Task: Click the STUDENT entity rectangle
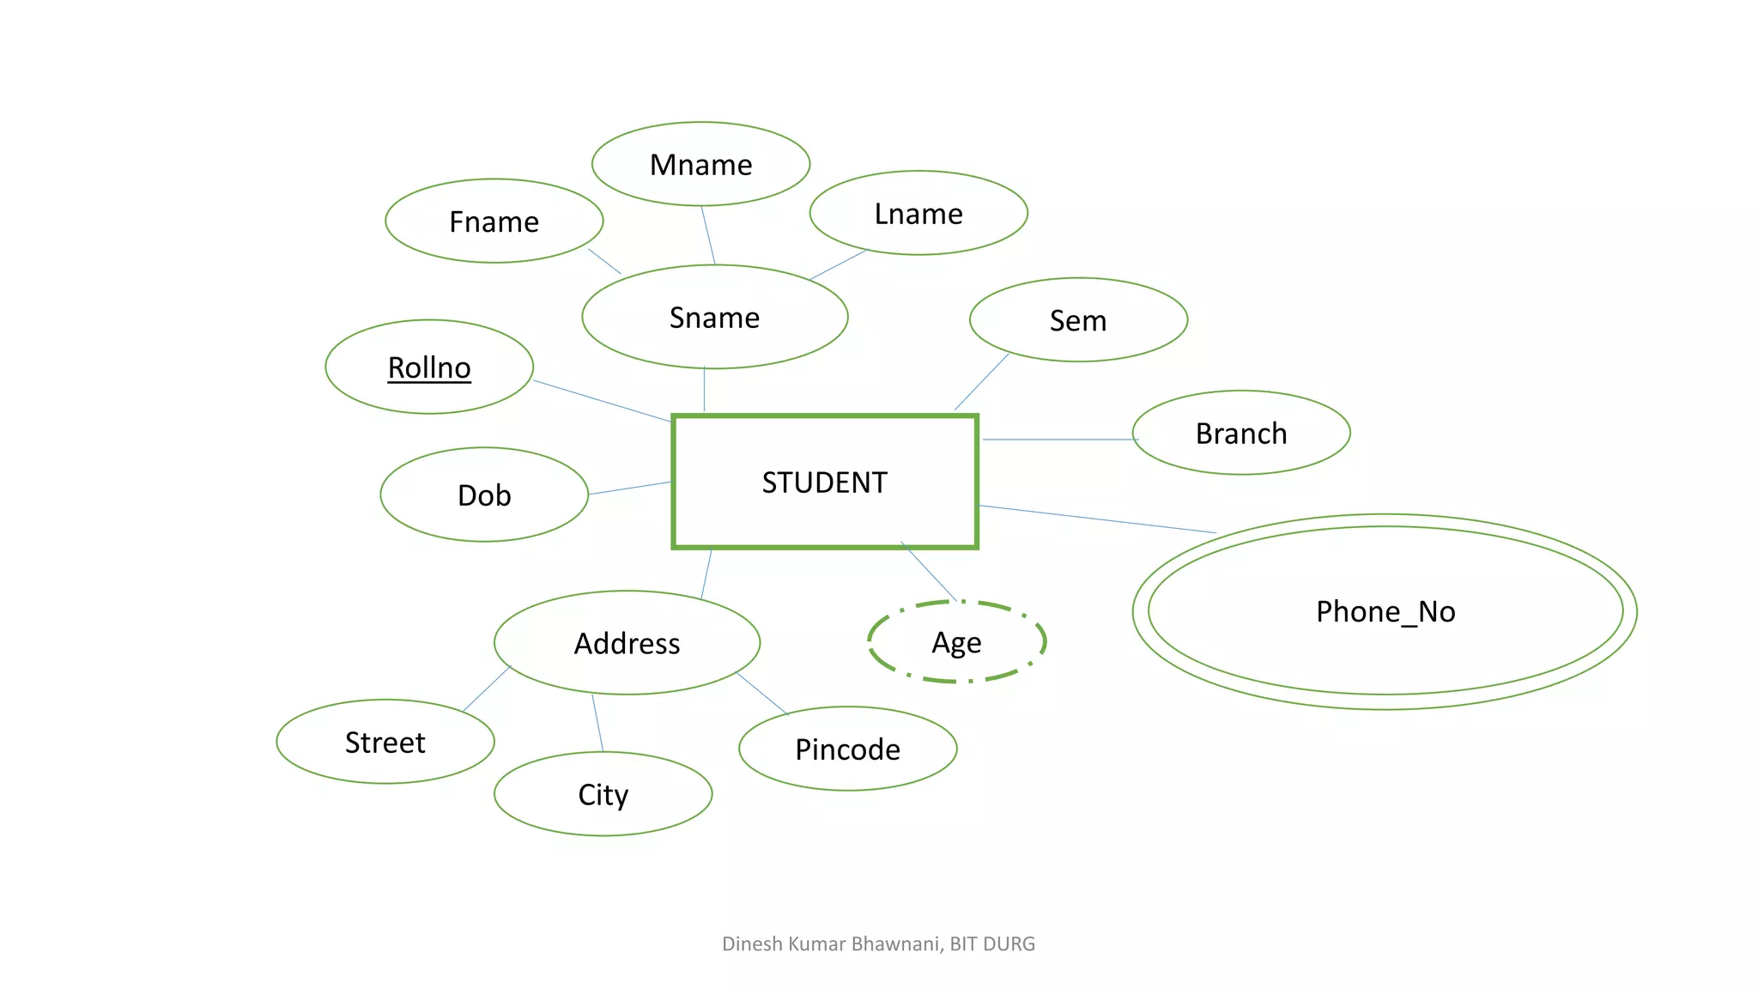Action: pyautogui.click(x=824, y=482)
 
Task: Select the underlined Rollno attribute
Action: pyautogui.click(x=429, y=367)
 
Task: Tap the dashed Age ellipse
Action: pyautogui.click(x=956, y=642)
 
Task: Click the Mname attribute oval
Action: pyautogui.click(x=700, y=164)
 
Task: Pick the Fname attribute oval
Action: pyautogui.click(x=494, y=221)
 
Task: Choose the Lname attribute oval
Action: pyautogui.click(x=918, y=213)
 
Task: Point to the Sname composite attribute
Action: pyautogui.click(x=714, y=318)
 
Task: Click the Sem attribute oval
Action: pyautogui.click(x=1078, y=320)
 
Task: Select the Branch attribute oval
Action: pyautogui.click(x=1240, y=433)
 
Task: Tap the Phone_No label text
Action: pyautogui.click(x=1385, y=611)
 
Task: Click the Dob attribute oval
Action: pyautogui.click(x=484, y=494)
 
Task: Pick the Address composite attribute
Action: pyautogui.click(x=627, y=643)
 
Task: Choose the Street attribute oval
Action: pyautogui.click(x=385, y=742)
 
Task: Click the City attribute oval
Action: pyautogui.click(x=603, y=794)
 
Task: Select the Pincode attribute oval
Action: pyautogui.click(x=847, y=749)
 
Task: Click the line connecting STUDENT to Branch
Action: pyautogui.click(x=1058, y=440)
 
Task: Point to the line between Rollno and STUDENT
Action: pyautogui.click(x=601, y=401)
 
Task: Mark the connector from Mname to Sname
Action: pyautogui.click(x=708, y=235)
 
